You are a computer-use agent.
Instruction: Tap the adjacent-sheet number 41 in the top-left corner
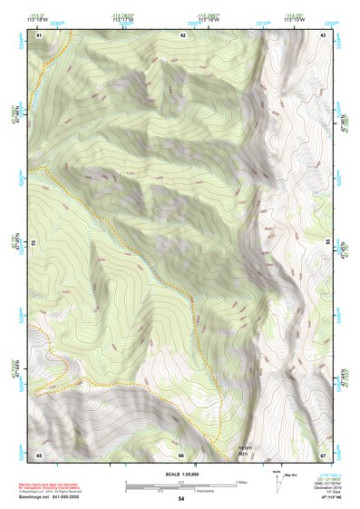point(39,35)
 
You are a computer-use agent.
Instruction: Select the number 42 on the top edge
point(183,35)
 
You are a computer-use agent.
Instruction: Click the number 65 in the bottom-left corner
point(39,454)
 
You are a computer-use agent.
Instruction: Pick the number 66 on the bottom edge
point(181,455)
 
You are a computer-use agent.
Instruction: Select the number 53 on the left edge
point(34,243)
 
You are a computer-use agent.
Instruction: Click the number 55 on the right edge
point(328,243)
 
